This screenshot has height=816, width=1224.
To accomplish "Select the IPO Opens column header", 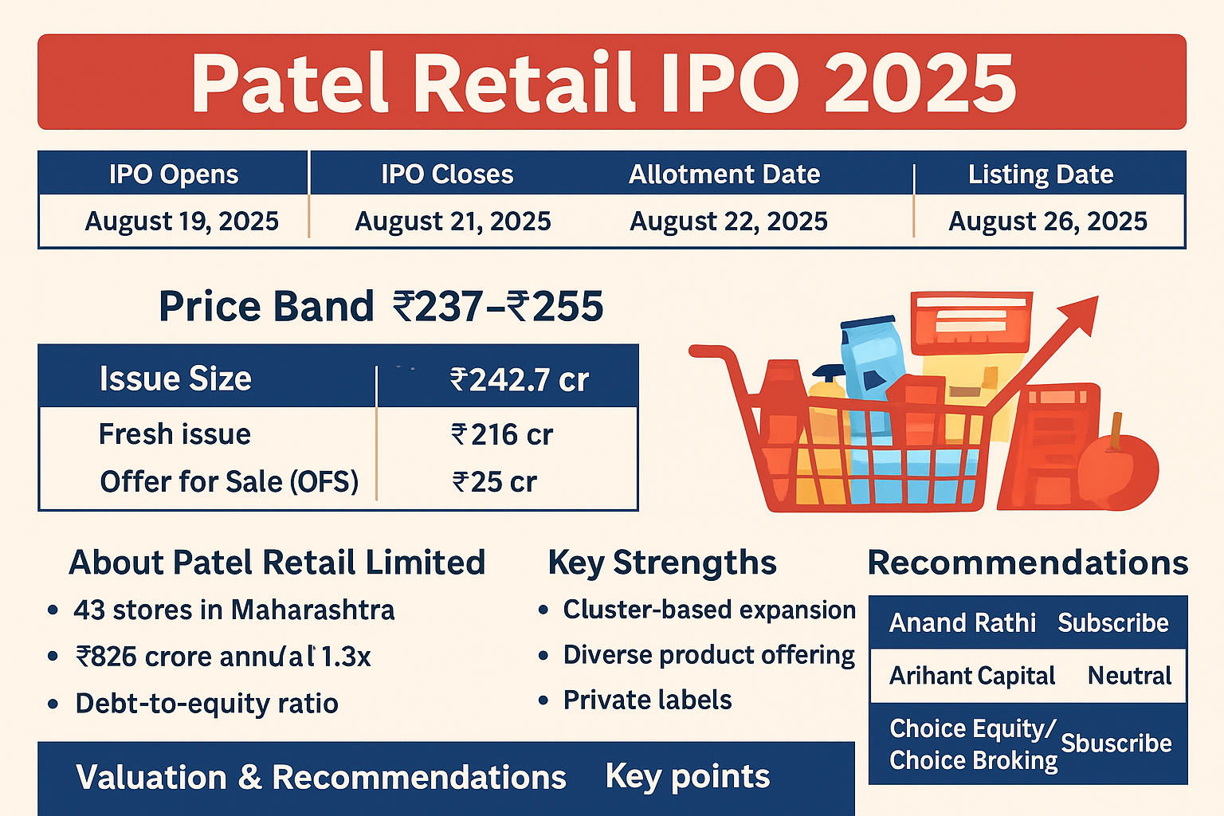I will [x=174, y=175].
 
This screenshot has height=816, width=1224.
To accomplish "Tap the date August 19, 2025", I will [x=182, y=221].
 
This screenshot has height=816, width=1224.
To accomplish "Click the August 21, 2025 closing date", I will [x=453, y=221].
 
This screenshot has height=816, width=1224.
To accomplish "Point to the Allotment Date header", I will [x=724, y=175].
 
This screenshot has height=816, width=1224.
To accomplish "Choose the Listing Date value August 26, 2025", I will [x=1047, y=221].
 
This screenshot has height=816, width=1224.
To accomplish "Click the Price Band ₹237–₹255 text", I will [x=381, y=307].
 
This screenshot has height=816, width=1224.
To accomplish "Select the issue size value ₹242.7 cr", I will [x=519, y=380].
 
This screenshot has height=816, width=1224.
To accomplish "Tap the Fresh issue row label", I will [x=175, y=434].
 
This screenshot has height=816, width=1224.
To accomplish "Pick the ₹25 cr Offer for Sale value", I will [x=494, y=482].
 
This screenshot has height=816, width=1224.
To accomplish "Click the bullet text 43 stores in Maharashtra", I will [x=233, y=610].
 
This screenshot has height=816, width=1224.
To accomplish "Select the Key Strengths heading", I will [x=661, y=563].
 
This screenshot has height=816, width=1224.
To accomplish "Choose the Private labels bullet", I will [x=647, y=700].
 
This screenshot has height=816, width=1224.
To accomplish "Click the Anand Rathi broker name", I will [x=962, y=622].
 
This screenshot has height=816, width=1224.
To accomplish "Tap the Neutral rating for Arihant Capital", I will [x=1129, y=676].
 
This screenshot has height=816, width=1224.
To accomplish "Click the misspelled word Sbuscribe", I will [x=1116, y=743].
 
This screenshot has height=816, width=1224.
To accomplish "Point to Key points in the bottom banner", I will [x=687, y=776].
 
